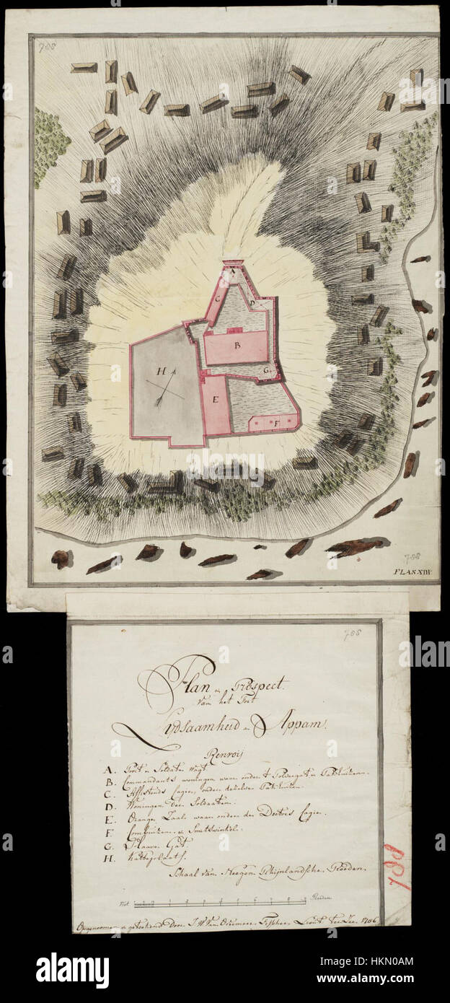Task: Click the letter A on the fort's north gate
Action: coord(234,272)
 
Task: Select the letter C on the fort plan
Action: coord(216,297)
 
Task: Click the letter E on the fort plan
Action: coord(215,398)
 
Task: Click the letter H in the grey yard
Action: coord(162,372)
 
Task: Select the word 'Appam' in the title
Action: coord(295,722)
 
